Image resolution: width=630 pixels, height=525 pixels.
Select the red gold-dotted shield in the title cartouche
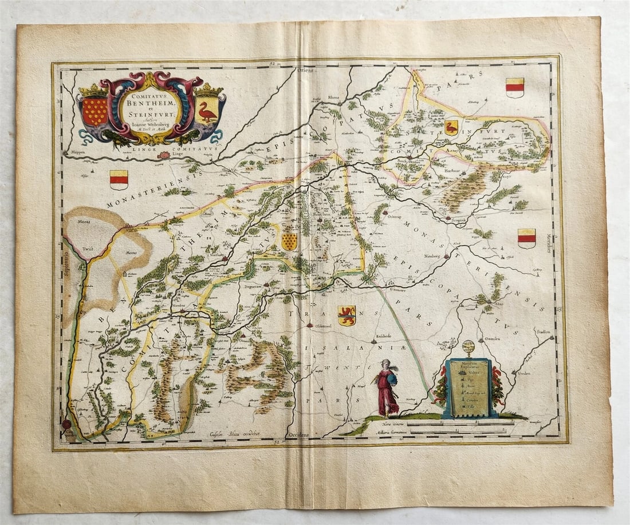pos(94,111)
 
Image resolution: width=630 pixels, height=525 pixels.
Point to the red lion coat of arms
pos(346,315)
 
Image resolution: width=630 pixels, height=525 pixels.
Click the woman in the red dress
pos(387,388)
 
